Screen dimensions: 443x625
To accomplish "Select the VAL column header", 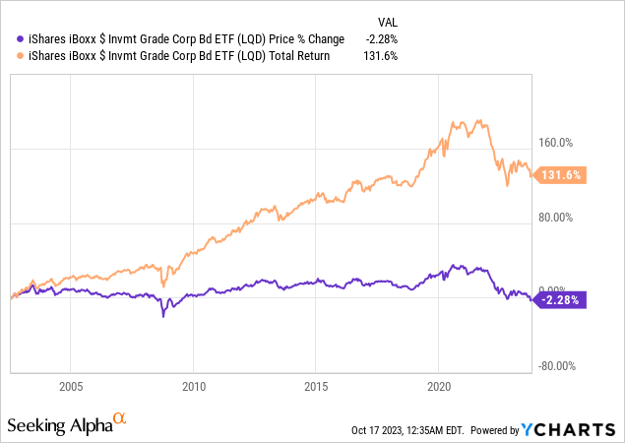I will point(390,23).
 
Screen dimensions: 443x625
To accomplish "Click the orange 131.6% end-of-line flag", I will point(562,175).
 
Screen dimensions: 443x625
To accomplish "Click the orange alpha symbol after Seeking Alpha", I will point(120,419).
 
